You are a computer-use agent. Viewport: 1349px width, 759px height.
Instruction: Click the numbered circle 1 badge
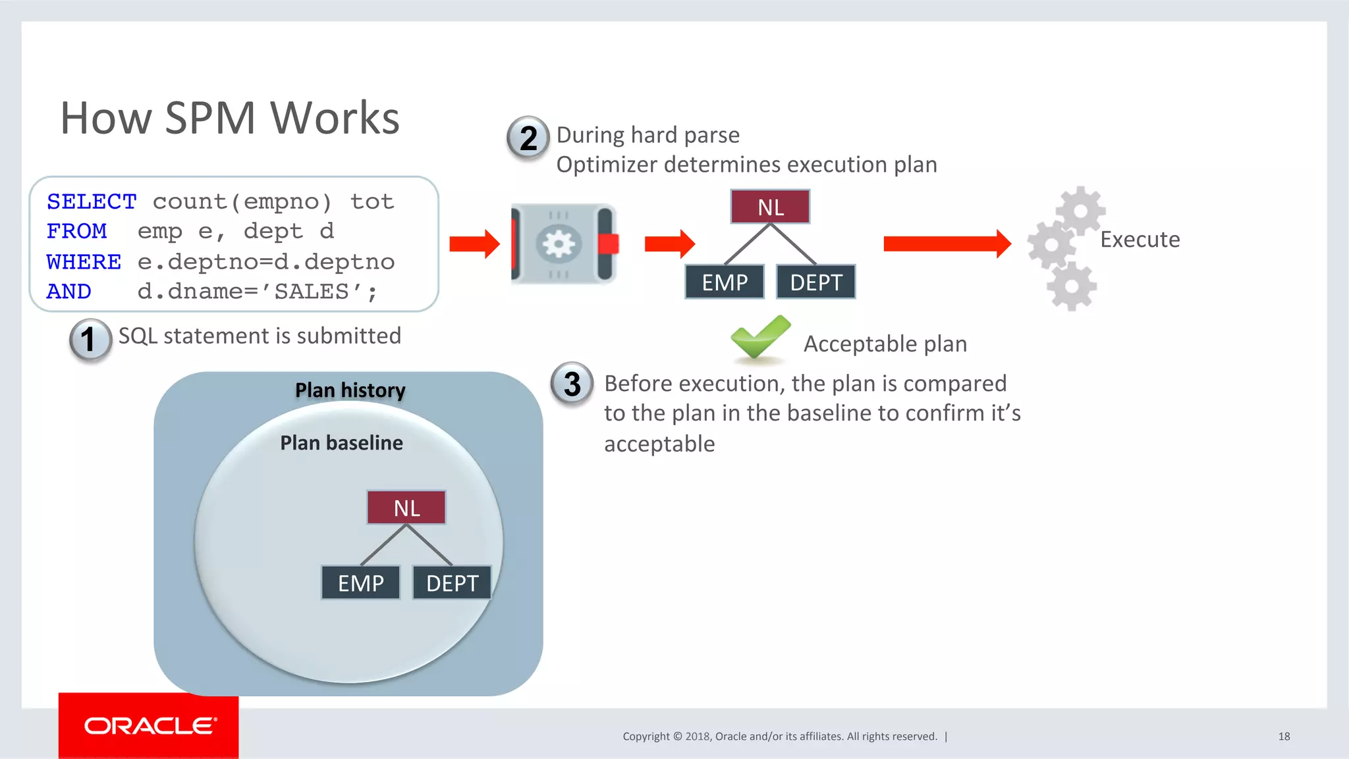point(90,340)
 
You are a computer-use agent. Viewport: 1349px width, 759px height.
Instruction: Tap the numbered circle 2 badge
point(528,138)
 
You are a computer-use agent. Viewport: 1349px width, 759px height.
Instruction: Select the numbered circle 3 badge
point(572,384)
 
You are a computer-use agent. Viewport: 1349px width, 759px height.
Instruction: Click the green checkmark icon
point(759,337)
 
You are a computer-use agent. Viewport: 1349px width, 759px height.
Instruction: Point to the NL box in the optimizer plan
point(770,207)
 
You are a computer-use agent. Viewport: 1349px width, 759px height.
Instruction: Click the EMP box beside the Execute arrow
point(725,282)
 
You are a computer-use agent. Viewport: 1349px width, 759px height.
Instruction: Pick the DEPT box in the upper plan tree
point(815,282)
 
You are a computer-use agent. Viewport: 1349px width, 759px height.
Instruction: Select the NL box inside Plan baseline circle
point(406,508)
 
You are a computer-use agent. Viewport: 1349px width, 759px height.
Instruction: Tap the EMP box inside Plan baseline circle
point(360,583)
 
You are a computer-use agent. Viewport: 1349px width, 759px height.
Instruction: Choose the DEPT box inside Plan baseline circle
point(452,583)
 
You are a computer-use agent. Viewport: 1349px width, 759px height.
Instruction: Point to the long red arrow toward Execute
point(947,244)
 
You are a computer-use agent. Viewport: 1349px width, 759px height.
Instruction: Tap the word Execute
point(1140,239)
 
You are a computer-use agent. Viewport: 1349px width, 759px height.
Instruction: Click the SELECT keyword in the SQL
point(92,201)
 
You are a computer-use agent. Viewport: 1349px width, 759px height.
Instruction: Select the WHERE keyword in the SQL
point(84,261)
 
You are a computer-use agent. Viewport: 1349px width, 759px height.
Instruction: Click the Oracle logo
point(149,726)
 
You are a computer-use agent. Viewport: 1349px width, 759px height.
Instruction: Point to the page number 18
point(1284,736)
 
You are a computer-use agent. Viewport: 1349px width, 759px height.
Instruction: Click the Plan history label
point(350,390)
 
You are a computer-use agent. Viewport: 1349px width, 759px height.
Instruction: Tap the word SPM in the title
point(210,118)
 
